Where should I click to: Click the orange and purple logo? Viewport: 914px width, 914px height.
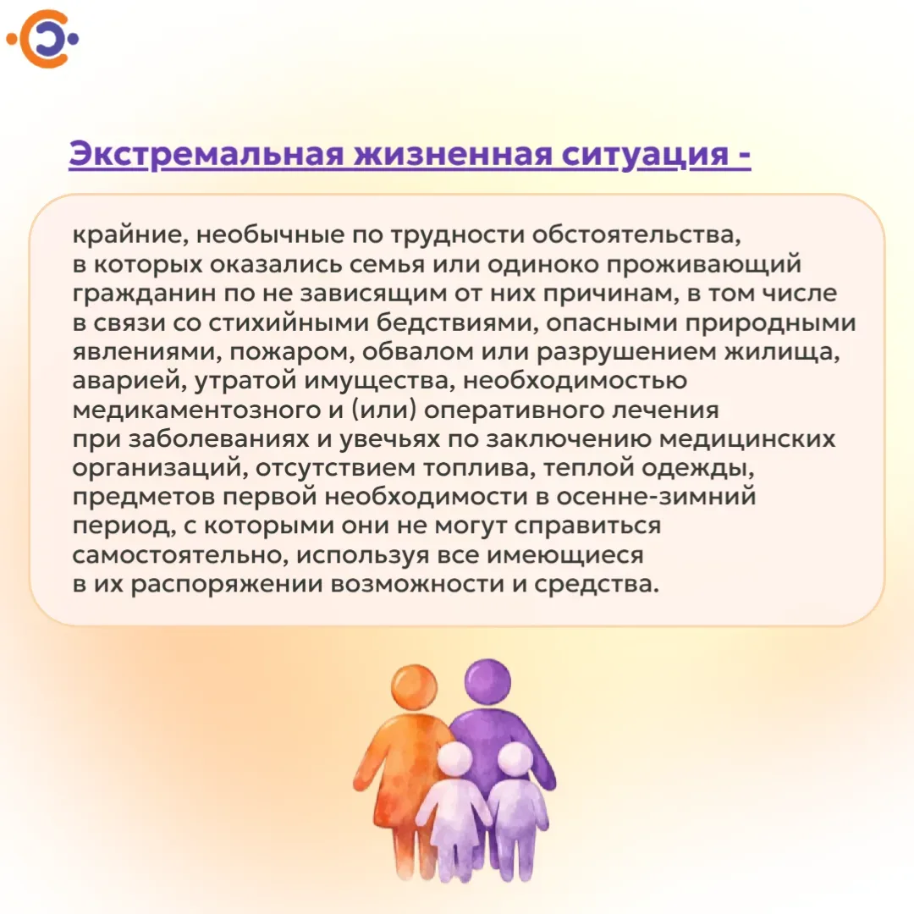click(x=42, y=38)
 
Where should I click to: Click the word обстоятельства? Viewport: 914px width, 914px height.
click(x=636, y=235)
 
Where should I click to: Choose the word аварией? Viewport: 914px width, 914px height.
click(x=129, y=381)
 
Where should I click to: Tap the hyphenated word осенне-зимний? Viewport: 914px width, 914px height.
click(x=656, y=497)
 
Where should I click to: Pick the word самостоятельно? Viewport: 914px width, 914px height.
click(x=179, y=555)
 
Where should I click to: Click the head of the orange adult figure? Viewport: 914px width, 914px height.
click(x=414, y=687)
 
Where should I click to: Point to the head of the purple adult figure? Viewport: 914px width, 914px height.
click(x=487, y=682)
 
